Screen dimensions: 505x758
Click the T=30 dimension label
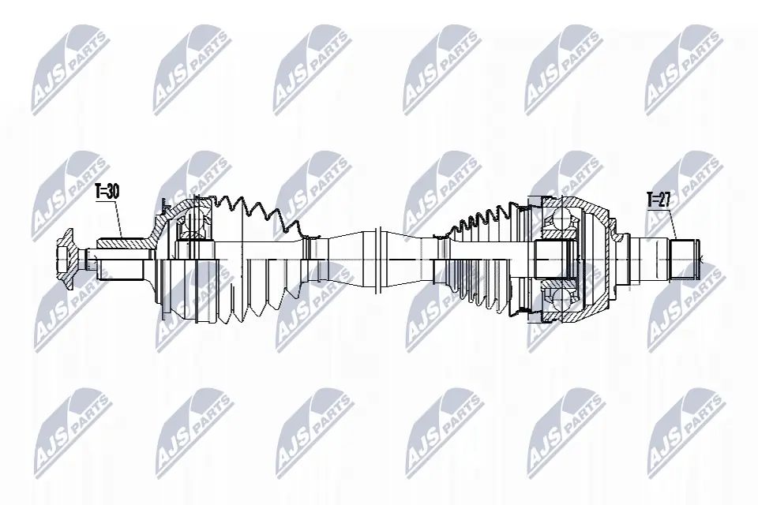click(x=107, y=191)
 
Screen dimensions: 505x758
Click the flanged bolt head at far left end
click(x=65, y=258)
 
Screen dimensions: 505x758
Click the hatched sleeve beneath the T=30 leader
click(x=122, y=245)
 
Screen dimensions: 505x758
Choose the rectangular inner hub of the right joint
click(x=553, y=258)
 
